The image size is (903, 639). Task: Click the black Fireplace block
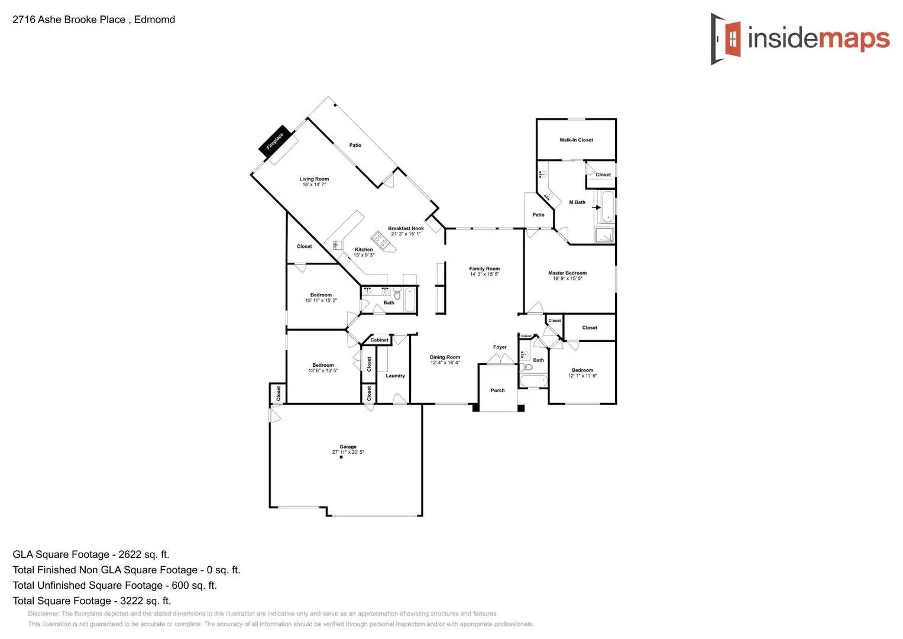tap(275, 141)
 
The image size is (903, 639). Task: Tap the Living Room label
tap(314, 179)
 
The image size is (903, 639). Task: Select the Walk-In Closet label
tap(576, 140)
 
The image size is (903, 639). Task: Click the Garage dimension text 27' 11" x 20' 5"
tap(348, 453)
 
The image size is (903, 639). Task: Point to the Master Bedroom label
tap(567, 273)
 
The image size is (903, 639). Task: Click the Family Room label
tap(484, 269)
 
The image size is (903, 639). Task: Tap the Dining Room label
tap(445, 357)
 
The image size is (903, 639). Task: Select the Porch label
tap(498, 390)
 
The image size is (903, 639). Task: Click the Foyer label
tap(500, 347)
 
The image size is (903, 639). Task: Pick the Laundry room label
tap(395, 376)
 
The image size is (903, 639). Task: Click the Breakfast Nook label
tap(406, 228)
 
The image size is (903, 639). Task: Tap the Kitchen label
tap(364, 250)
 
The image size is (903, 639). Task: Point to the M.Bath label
tap(577, 202)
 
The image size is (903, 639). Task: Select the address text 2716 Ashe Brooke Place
tap(69, 20)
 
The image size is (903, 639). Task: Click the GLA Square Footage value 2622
tap(130, 554)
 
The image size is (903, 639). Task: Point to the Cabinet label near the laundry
tap(380, 340)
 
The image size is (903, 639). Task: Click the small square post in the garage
tap(341, 457)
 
